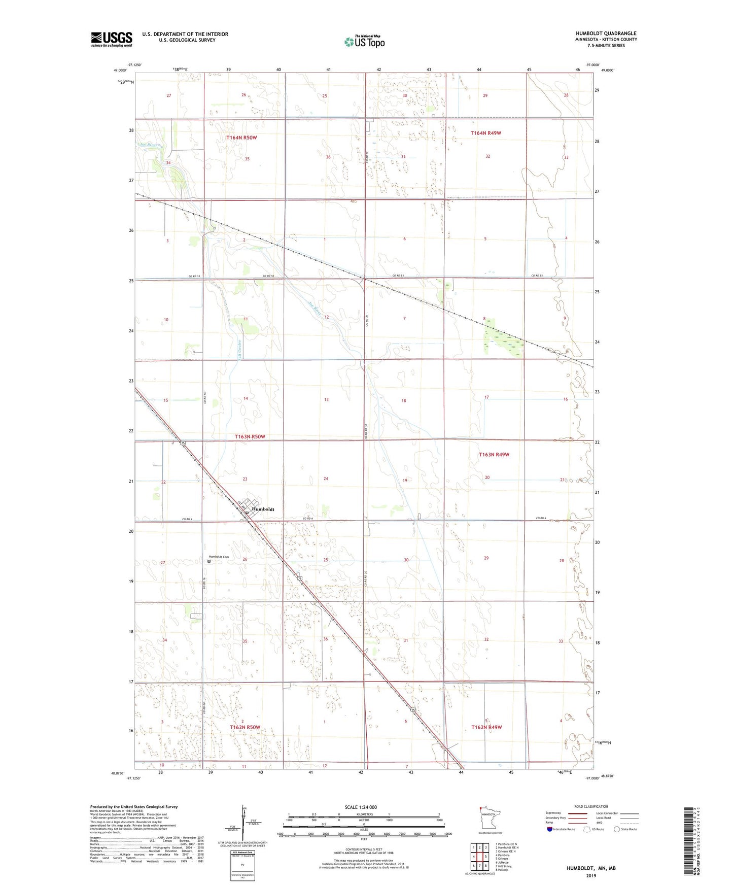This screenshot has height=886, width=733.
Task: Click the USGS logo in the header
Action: pyautogui.click(x=112, y=39)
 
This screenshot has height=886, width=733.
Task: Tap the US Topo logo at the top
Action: pyautogui.click(x=364, y=42)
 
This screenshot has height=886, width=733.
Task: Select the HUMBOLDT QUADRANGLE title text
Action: pyautogui.click(x=606, y=33)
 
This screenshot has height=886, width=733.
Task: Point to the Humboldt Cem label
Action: pyautogui.click(x=219, y=557)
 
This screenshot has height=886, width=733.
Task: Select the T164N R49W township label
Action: pyautogui.click(x=485, y=133)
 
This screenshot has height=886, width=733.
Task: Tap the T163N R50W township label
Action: pyautogui.click(x=250, y=436)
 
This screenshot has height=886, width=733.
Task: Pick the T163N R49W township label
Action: pyautogui.click(x=494, y=455)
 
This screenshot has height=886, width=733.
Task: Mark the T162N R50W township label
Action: pyautogui.click(x=245, y=727)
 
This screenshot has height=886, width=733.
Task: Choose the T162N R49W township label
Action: pyautogui.click(x=486, y=727)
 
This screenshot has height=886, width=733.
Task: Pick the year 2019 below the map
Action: pyautogui.click(x=591, y=875)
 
